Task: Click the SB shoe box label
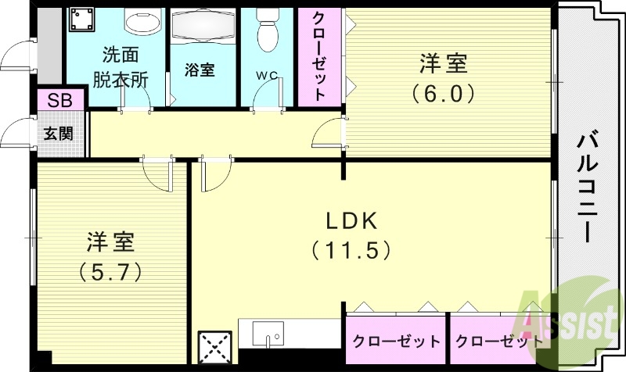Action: click(x=57, y=100)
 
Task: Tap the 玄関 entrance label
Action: click(x=57, y=132)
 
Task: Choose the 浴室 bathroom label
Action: click(x=200, y=69)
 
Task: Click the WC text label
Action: click(x=268, y=76)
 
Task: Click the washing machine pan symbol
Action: click(x=81, y=21)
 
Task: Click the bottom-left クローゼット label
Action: click(x=395, y=342)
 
